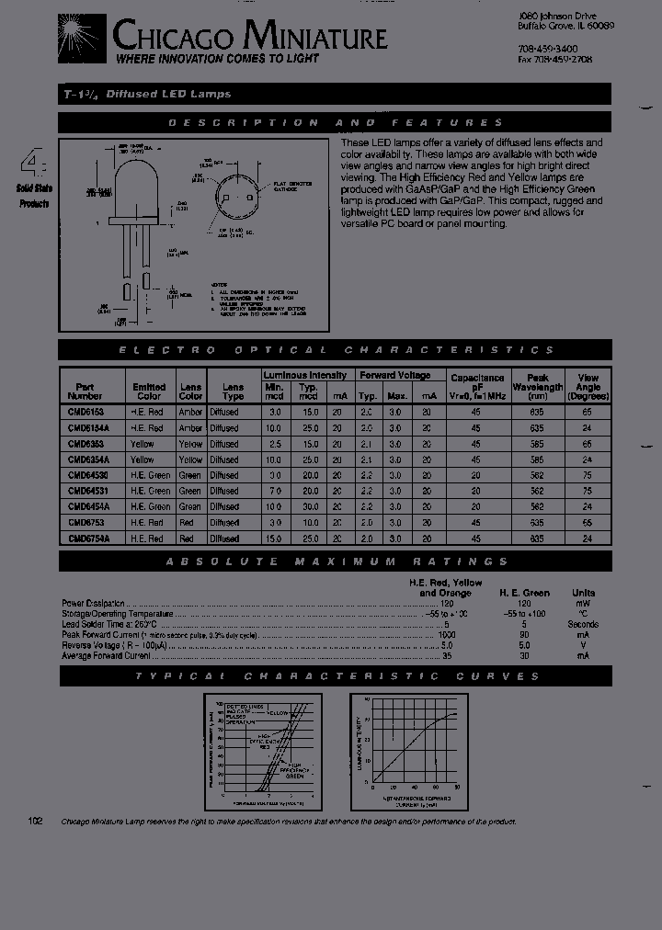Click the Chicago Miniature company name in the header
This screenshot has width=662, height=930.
click(249, 37)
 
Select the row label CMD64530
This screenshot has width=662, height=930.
click(87, 475)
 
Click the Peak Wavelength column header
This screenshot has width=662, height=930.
click(537, 387)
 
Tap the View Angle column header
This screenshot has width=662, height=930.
click(588, 387)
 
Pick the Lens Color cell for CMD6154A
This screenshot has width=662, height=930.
click(190, 428)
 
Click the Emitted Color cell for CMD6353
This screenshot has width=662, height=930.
click(143, 444)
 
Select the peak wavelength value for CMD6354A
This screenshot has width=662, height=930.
click(537, 459)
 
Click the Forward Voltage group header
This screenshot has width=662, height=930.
click(395, 375)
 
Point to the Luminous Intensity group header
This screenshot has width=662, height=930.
click(305, 375)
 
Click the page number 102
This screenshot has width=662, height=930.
click(36, 822)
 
